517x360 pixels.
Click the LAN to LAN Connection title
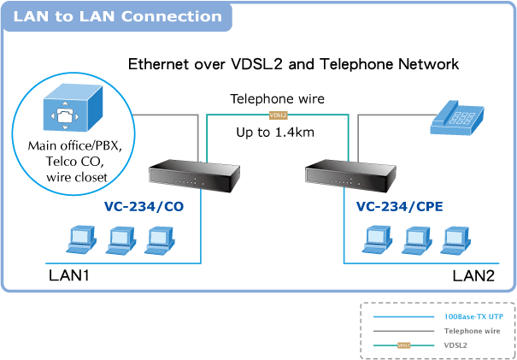[x=118, y=16]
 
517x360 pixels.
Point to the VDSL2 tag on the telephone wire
[x=277, y=115]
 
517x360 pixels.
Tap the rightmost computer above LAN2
[x=454, y=240]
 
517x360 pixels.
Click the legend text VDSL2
[x=455, y=345]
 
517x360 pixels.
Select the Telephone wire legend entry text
[x=470, y=330]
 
